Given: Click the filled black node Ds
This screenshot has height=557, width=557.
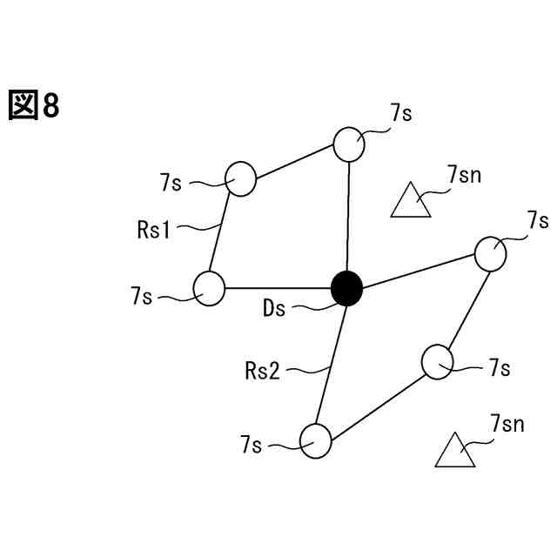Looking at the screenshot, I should point(347,288).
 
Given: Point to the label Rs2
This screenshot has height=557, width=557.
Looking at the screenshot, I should point(262,372).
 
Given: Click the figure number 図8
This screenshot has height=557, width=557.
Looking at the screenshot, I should point(34,106).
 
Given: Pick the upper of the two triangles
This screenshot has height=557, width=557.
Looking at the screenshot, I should point(410,202).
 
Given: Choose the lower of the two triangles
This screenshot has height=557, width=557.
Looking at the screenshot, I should point(455,452).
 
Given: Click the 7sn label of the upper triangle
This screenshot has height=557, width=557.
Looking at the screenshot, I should point(464,175).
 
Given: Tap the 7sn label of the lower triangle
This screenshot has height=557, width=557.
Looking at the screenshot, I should point(507,425).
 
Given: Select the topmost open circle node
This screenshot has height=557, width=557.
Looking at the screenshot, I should point(349,144).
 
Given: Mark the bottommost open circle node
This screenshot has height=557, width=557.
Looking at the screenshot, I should point(316,440).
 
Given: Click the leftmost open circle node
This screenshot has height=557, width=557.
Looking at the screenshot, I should point(210,288).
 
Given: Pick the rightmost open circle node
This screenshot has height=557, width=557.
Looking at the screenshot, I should point(490,252).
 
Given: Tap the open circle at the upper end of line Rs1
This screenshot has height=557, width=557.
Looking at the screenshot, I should point(240,178).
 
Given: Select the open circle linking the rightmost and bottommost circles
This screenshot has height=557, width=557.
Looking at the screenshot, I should point(438,360).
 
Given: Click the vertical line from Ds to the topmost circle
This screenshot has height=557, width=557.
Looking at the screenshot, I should point(348,218).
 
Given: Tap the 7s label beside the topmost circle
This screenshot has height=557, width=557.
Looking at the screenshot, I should point(401,113).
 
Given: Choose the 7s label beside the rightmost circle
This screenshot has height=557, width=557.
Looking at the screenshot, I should point(537,219).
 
